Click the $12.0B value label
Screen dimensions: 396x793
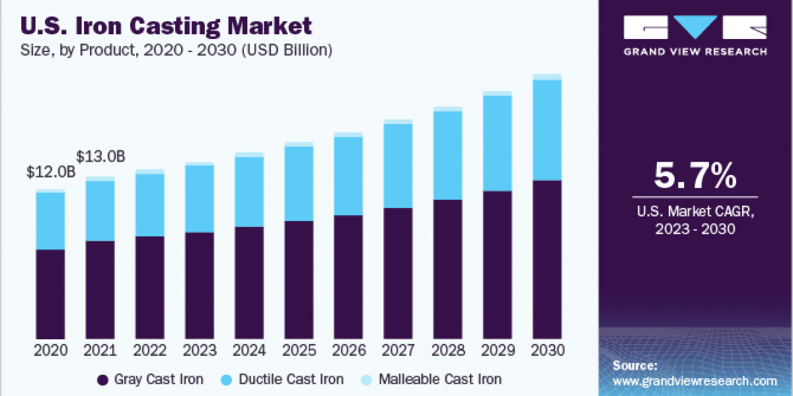point(50,172)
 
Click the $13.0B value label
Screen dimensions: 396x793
point(100,156)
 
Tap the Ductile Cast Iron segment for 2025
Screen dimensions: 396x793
point(298,183)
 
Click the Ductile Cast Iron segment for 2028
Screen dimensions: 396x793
point(447,155)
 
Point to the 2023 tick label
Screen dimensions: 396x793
point(200,350)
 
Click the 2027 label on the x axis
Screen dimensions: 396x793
point(398,350)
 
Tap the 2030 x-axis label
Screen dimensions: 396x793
point(547,350)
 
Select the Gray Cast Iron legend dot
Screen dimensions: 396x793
point(102,379)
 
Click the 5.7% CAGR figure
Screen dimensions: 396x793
point(695,176)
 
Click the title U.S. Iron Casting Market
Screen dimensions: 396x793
point(167,26)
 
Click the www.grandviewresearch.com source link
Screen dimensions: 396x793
point(695,381)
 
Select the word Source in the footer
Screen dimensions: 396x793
point(634,365)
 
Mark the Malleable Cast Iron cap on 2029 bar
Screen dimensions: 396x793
point(497,93)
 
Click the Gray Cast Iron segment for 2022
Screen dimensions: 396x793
point(149,287)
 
